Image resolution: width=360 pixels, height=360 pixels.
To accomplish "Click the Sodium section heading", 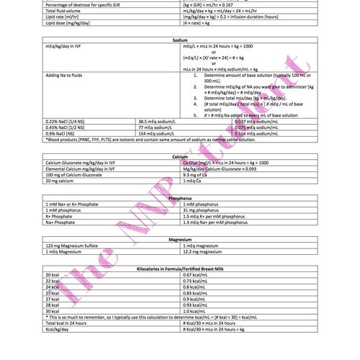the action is pos(180,40).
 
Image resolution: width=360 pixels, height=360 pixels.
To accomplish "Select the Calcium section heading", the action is pos(180,156).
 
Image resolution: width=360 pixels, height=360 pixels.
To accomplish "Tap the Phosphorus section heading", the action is pos(180,197).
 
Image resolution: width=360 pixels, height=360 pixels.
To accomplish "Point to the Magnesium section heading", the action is pos(180,238).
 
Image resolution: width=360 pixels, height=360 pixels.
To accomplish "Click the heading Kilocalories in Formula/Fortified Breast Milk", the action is pos(180,268).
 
